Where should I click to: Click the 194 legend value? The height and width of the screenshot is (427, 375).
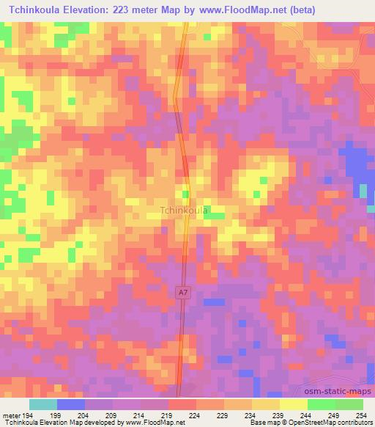pos(27,415)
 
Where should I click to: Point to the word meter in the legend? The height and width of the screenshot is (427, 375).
pos(10,415)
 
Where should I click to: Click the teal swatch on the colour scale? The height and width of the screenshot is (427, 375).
pos(43,404)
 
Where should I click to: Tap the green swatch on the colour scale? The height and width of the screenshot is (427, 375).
pos(349,404)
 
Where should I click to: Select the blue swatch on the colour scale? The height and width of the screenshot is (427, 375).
pos(71,404)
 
